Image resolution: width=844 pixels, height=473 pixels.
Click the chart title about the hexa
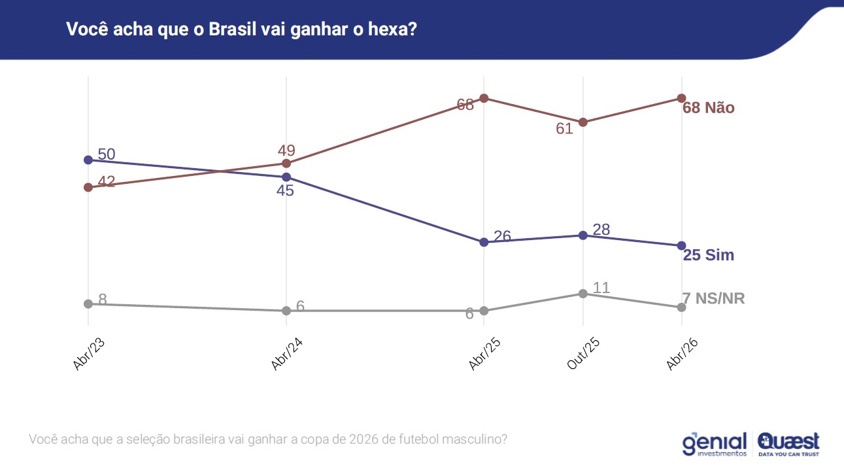(x=241, y=29)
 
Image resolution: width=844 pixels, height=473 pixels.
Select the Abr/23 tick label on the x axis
(x=90, y=355)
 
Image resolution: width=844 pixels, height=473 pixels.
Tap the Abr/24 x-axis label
(x=287, y=355)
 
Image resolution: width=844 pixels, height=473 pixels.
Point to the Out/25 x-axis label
(x=583, y=355)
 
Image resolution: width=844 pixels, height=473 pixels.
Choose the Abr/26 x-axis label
(x=682, y=355)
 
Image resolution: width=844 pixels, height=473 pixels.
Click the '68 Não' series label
(x=709, y=108)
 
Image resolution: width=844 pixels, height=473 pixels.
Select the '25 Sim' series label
(x=709, y=255)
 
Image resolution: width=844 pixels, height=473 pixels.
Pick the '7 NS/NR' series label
(x=713, y=299)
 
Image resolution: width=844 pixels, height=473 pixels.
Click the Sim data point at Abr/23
(x=88, y=160)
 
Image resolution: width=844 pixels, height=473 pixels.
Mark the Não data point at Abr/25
(x=484, y=98)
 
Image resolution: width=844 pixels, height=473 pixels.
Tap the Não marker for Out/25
(x=582, y=122)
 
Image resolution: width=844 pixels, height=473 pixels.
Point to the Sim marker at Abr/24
(x=286, y=177)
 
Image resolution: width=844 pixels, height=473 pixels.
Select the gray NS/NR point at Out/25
(x=582, y=293)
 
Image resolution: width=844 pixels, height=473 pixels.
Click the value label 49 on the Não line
(x=286, y=150)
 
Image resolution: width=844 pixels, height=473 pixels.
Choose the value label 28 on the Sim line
(x=601, y=230)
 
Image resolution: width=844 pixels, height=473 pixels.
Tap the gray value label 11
(x=601, y=288)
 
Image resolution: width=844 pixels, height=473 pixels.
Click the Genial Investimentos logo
(x=715, y=444)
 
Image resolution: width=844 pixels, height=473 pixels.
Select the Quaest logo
(x=788, y=444)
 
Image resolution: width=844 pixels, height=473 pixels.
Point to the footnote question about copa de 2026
(x=268, y=439)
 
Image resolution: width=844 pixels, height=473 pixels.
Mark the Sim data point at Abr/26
(x=681, y=245)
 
